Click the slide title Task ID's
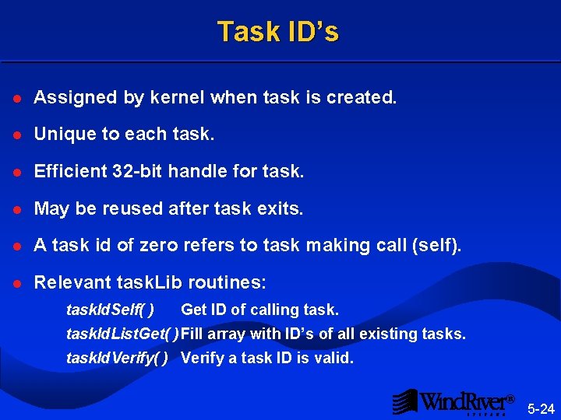click(x=278, y=32)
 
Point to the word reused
click(x=117, y=208)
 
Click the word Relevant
click(x=72, y=282)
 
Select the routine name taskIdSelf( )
click(x=110, y=310)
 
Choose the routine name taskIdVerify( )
click(x=118, y=359)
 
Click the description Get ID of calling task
click(x=259, y=310)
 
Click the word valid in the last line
click(x=334, y=359)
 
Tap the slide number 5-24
click(x=541, y=408)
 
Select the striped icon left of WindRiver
click(x=404, y=401)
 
